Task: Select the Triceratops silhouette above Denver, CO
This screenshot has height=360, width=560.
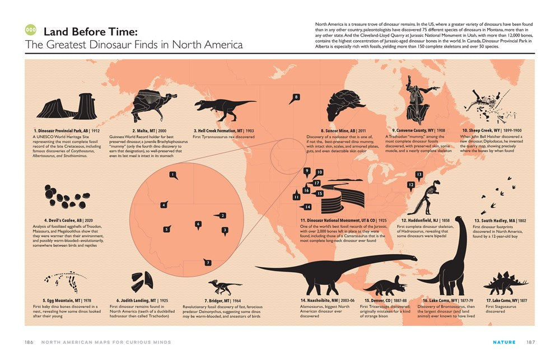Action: [x=385, y=285]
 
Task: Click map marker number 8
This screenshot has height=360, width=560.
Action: [x=296, y=98]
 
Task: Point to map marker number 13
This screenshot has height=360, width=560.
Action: [x=419, y=175]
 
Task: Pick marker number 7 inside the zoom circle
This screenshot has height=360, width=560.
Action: [x=207, y=262]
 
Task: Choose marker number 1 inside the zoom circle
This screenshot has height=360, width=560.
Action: [x=174, y=175]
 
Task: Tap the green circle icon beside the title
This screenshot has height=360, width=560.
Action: [x=31, y=31]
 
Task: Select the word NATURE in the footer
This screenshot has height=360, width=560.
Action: [x=503, y=342]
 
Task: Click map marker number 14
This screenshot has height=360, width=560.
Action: [x=307, y=207]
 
